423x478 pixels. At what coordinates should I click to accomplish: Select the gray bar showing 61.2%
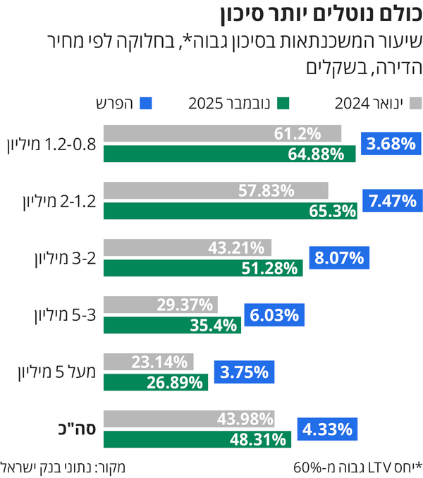tap(222, 133)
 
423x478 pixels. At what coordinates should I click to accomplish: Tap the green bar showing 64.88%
tap(230, 152)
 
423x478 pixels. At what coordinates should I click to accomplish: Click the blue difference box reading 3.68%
tap(389, 144)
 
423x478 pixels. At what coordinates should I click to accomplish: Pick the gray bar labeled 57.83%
tap(216, 190)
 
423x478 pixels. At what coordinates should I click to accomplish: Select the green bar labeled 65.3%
tap(230, 209)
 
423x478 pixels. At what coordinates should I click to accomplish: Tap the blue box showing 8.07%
tap(338, 258)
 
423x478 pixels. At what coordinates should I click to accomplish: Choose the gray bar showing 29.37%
tap(161, 305)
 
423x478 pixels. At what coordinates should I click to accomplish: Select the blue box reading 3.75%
tap(245, 373)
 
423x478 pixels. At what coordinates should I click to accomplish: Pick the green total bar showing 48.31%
tap(197, 439)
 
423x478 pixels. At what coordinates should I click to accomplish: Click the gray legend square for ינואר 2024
tap(415, 104)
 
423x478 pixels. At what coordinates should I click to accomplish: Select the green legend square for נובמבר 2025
tap(283, 104)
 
